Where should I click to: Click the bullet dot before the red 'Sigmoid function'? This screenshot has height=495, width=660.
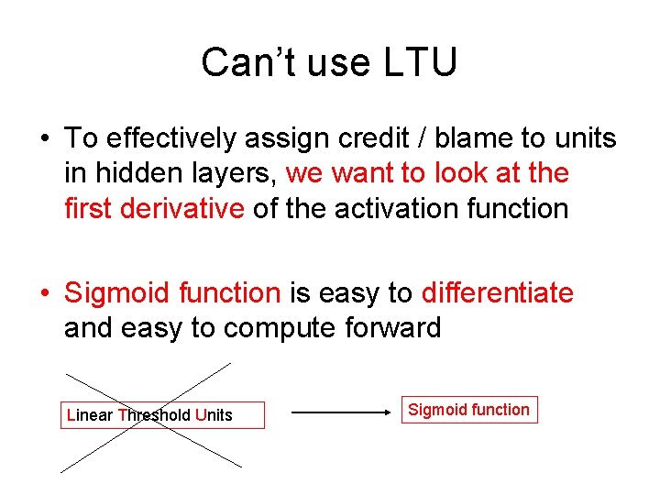click(44, 294)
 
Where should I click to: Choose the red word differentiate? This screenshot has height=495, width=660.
click(497, 293)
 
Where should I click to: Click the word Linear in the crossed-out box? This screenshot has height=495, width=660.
click(90, 415)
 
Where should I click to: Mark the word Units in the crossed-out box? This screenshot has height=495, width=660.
click(214, 415)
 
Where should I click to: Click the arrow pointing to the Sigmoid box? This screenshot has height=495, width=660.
click(341, 412)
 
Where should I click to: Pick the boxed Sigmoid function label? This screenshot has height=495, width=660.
click(468, 410)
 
